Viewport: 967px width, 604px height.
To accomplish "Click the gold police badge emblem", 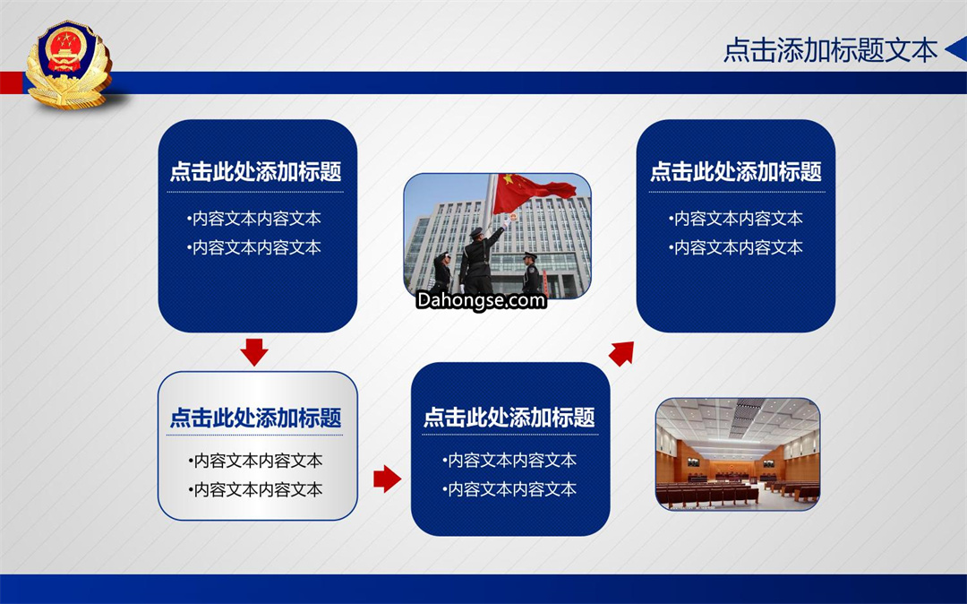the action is point(68,65).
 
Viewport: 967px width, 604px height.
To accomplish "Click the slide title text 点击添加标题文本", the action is point(830,50).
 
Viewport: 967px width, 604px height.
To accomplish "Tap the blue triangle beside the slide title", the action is point(956,49).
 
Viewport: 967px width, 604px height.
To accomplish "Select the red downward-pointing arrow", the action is point(254,351).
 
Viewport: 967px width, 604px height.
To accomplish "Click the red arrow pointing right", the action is point(388,479).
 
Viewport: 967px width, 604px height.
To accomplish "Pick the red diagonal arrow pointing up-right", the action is point(621,353).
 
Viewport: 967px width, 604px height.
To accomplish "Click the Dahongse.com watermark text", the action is point(481,300).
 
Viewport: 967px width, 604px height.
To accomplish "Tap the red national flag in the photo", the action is point(532,190).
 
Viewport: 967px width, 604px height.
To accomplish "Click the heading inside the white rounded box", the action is point(256,418).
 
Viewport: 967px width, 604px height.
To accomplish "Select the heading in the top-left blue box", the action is point(256,171).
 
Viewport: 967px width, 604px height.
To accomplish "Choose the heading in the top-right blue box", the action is point(736,171).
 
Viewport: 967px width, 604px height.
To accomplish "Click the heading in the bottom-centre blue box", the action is point(509,418).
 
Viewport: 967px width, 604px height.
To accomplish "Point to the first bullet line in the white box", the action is point(255,461).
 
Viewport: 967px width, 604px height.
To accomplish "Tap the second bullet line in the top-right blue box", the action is point(736,247).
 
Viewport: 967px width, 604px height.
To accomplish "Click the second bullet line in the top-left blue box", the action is point(254,247).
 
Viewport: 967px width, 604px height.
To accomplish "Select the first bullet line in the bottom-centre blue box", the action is point(509,461).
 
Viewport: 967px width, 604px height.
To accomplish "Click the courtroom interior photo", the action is point(738,454).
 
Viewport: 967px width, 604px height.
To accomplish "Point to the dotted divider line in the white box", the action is point(254,435).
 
